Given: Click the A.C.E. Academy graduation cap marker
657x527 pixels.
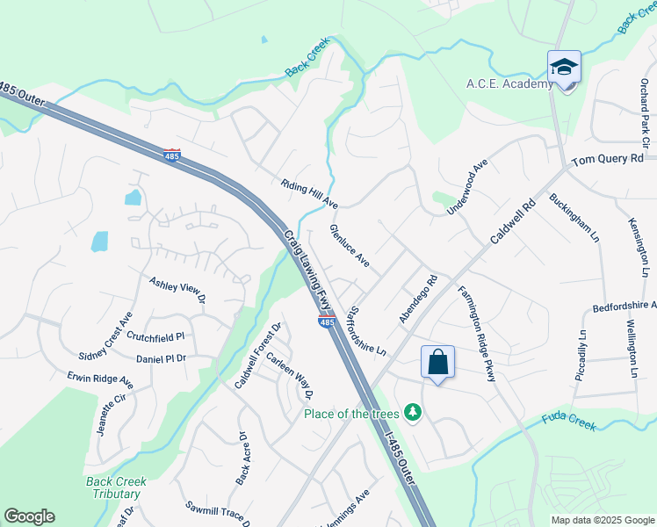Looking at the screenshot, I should (x=564, y=67).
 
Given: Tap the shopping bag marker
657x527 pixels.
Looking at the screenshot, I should (x=437, y=361).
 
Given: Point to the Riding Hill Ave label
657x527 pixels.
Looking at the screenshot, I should (x=310, y=194).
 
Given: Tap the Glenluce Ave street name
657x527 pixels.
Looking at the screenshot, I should (x=349, y=245).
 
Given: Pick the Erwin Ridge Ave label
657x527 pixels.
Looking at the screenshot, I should (x=100, y=380).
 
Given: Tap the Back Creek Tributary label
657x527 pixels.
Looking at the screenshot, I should (x=116, y=488).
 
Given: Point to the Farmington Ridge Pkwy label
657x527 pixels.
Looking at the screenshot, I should (x=477, y=333).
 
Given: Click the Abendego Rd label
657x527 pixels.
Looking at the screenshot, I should (x=417, y=300).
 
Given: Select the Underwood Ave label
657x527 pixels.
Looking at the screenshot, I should (x=466, y=187).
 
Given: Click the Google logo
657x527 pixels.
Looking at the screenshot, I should (x=29, y=516).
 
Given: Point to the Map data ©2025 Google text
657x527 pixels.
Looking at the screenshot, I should (x=603, y=520).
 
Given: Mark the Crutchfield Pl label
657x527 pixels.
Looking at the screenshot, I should (x=155, y=336).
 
